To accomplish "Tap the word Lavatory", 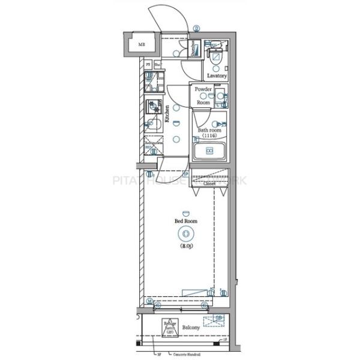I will click(x=217, y=76).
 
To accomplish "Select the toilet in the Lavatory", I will click(x=215, y=58).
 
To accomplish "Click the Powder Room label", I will click(x=203, y=95).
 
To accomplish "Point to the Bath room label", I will click(x=209, y=130).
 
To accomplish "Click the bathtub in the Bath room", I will click(x=209, y=151).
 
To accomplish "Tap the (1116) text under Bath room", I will click(x=209, y=136).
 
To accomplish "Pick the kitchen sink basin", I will click(x=154, y=125).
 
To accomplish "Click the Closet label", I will click(x=209, y=184).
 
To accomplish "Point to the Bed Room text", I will click(x=186, y=221).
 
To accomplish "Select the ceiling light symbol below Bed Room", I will click(x=186, y=234).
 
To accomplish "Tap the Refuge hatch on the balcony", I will click(x=170, y=328).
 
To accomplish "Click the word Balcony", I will click(x=191, y=328).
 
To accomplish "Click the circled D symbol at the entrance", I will click(x=197, y=28).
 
